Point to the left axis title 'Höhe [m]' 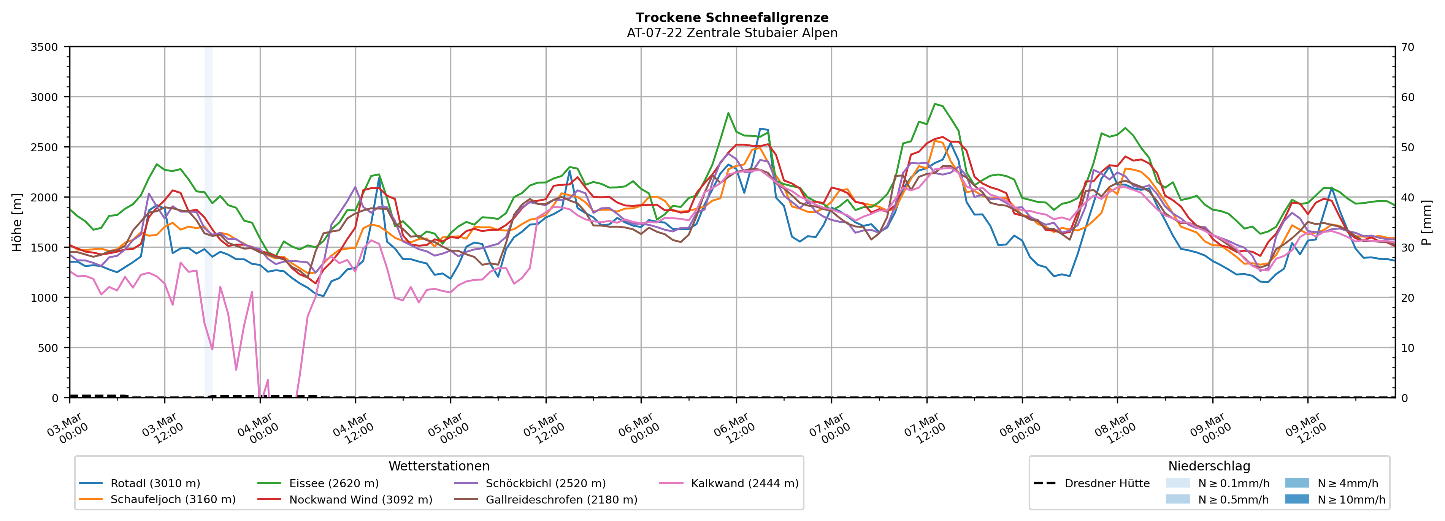(17, 222)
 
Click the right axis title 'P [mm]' (1426, 222)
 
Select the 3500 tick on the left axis (44, 47)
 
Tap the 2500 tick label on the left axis (44, 147)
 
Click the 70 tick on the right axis (1407, 47)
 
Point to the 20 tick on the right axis (1407, 298)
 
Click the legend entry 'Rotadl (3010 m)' (155, 483)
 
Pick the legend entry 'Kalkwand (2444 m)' (744, 483)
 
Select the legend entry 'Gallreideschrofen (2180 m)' (561, 500)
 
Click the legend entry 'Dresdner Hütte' (1107, 483)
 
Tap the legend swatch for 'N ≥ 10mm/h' (1297, 499)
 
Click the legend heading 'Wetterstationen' (439, 466)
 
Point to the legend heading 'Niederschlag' (1209, 466)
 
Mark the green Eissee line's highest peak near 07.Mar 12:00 (934, 104)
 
